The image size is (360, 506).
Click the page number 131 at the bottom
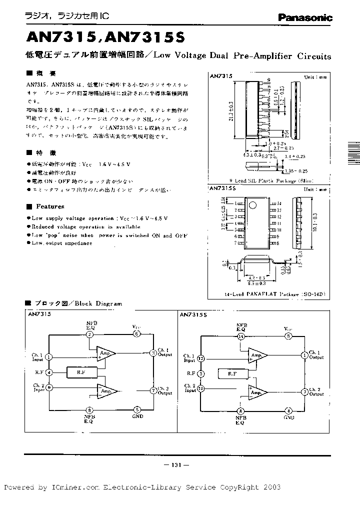(175, 465)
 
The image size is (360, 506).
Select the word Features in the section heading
(50, 206)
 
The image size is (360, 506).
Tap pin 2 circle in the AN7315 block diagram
(89, 334)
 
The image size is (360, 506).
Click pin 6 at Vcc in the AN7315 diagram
(136, 334)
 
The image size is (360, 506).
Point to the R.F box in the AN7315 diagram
(80, 372)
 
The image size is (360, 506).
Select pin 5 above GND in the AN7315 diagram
(137, 409)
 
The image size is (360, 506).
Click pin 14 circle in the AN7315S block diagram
(241, 336)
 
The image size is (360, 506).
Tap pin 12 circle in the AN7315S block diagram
(200, 358)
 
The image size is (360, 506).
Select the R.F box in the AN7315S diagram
(232, 373)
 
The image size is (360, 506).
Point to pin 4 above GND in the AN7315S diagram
(288, 410)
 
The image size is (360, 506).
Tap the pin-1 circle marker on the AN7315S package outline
(253, 204)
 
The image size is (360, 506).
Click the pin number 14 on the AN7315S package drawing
(279, 203)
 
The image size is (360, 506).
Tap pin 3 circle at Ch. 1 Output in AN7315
(153, 353)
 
